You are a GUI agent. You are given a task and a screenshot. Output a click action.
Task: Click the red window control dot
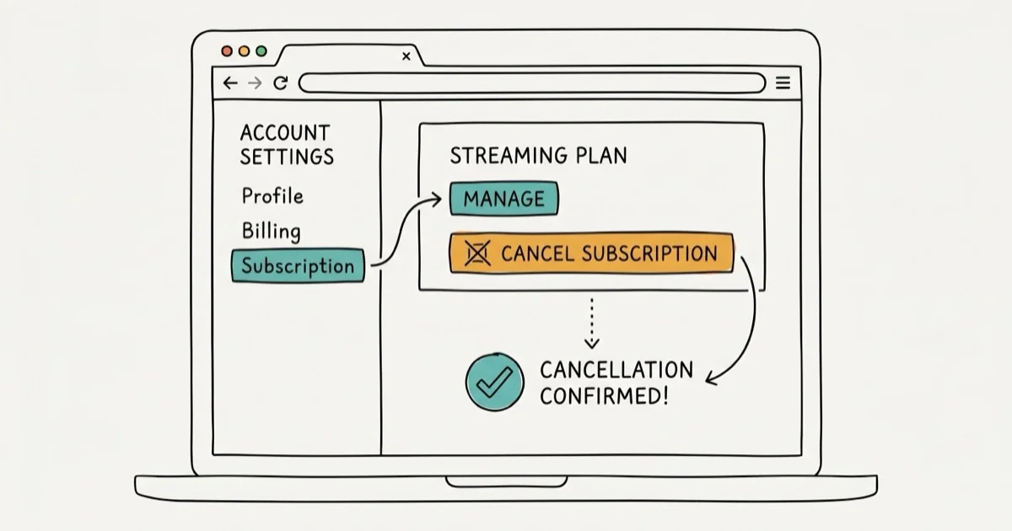(227, 51)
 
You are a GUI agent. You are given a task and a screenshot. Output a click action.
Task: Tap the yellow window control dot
(244, 51)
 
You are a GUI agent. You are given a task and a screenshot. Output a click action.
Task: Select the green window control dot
(261, 51)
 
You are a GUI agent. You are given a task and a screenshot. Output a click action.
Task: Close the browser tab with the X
(406, 56)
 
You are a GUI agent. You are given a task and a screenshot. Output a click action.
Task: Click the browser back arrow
(230, 83)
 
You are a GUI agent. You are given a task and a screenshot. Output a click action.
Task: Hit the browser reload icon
(281, 83)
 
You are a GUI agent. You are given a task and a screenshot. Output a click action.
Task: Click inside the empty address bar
(532, 83)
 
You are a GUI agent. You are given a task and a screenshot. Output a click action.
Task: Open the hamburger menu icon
(783, 83)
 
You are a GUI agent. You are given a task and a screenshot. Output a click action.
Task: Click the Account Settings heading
(287, 145)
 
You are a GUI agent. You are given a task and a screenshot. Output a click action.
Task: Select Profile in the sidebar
(272, 196)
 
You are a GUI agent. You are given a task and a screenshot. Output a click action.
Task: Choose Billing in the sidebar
(271, 231)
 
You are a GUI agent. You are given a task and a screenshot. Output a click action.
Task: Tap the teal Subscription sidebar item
(298, 265)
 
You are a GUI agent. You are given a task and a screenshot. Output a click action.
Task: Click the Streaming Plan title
(539, 155)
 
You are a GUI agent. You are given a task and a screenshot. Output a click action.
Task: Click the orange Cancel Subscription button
(591, 253)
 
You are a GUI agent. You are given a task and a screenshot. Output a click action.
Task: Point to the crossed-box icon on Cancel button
(477, 253)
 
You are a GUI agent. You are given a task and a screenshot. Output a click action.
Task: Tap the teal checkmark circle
(495, 382)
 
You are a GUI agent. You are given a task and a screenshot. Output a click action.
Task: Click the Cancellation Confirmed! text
(616, 383)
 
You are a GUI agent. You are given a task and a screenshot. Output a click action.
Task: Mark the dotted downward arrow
(592, 324)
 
